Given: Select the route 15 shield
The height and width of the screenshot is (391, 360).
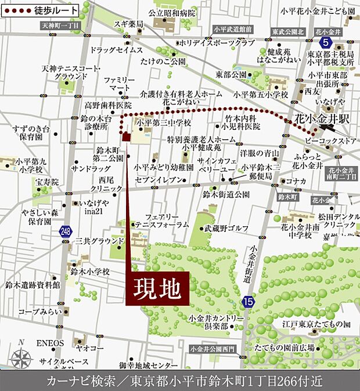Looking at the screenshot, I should click(248, 301).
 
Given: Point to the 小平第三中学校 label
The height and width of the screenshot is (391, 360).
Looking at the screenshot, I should click(164, 123).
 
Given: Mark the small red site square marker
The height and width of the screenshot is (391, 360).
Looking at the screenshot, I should click(125, 137).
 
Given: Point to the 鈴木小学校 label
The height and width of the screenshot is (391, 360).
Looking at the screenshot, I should click(89, 271).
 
